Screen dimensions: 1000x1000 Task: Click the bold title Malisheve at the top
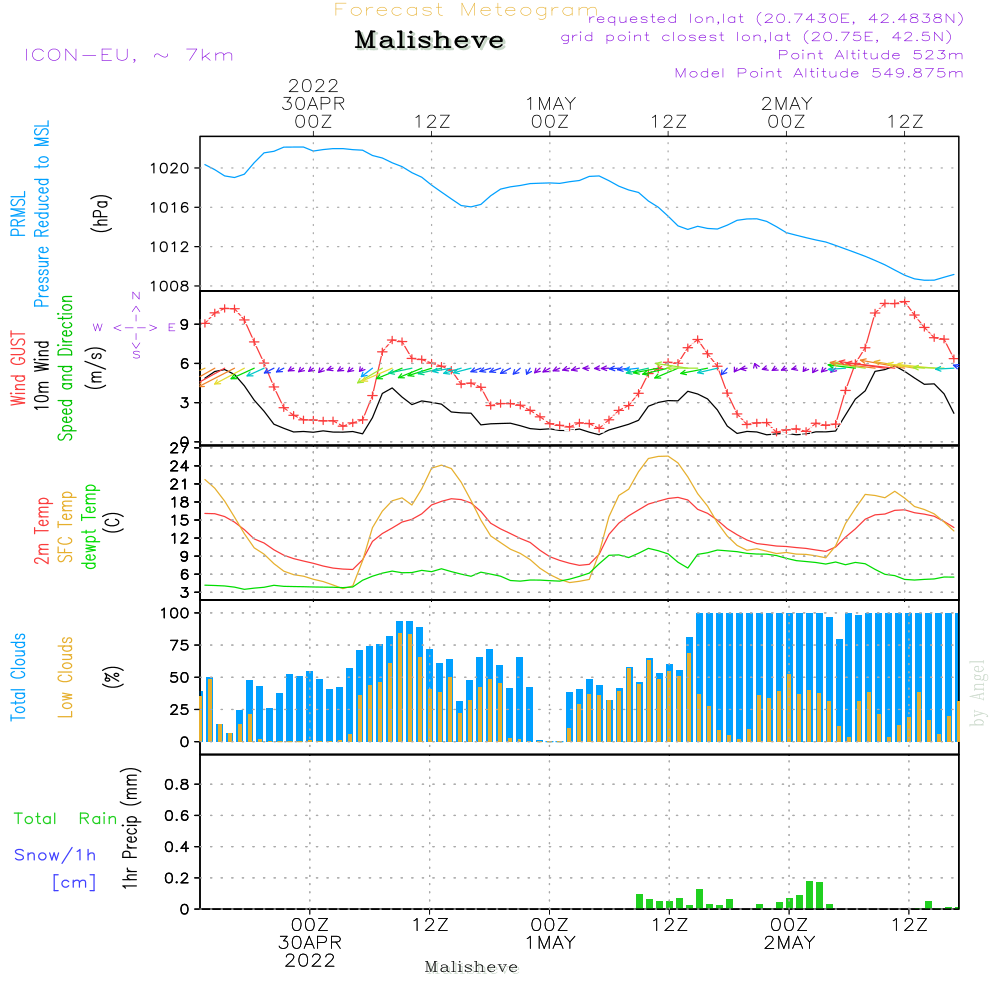[x=429, y=40]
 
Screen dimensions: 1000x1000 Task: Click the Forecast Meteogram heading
[x=466, y=10]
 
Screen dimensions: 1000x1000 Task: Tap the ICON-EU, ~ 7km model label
[x=129, y=55]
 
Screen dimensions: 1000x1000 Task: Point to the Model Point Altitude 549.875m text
[x=819, y=73]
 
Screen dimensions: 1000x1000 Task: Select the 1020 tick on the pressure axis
[x=170, y=168]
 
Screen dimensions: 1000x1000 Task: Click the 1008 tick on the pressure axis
[x=170, y=286]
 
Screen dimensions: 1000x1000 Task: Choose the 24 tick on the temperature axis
[x=179, y=466]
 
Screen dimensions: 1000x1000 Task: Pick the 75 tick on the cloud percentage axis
[x=179, y=645]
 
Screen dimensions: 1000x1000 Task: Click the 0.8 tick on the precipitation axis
[x=177, y=784]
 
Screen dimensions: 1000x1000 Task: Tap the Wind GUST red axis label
[x=18, y=369]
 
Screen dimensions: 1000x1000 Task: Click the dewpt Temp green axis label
[x=89, y=526]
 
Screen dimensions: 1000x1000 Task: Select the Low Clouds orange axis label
[x=65, y=677]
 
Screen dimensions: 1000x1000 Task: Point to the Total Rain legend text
[x=66, y=819]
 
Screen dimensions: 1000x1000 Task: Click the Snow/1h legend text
[x=55, y=855]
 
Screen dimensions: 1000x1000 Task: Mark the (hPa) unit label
[x=100, y=213]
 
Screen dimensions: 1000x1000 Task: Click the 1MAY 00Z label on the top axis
[x=550, y=112]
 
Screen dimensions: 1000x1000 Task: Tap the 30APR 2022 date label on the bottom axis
[x=310, y=952]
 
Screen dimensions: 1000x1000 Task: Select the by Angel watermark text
[x=977, y=693]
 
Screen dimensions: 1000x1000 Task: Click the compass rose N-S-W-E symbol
[x=135, y=327]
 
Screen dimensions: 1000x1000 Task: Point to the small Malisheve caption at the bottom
[x=471, y=967]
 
